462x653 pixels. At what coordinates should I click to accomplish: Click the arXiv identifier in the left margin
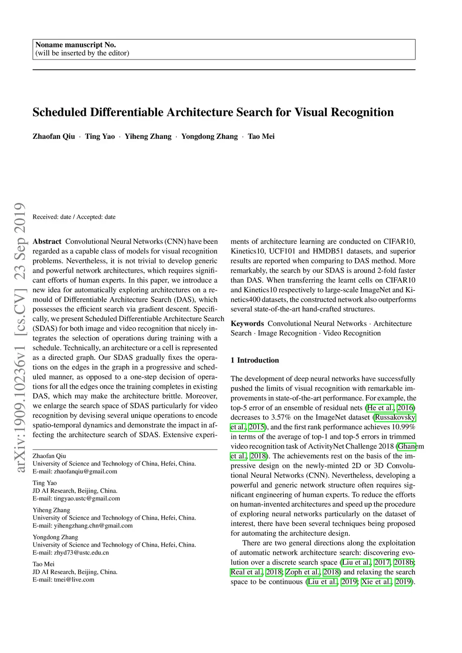pyautogui.click(x=20, y=338)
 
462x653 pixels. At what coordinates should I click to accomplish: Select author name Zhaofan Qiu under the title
pyautogui.click(x=54, y=137)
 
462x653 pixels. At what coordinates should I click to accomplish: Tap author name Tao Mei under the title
pyautogui.click(x=261, y=137)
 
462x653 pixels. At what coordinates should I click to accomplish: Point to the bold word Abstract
pyautogui.click(x=47, y=242)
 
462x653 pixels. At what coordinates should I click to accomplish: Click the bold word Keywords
pyautogui.click(x=247, y=324)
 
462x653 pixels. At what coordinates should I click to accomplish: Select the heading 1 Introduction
pyautogui.click(x=254, y=360)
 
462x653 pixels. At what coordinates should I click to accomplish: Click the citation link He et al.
pyautogui.click(x=380, y=408)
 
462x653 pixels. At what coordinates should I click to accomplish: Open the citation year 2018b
pyautogui.click(x=404, y=563)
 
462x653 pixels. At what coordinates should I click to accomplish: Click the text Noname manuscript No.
pyautogui.click(x=76, y=45)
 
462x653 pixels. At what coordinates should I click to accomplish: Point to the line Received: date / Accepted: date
pyautogui.click(x=74, y=217)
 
